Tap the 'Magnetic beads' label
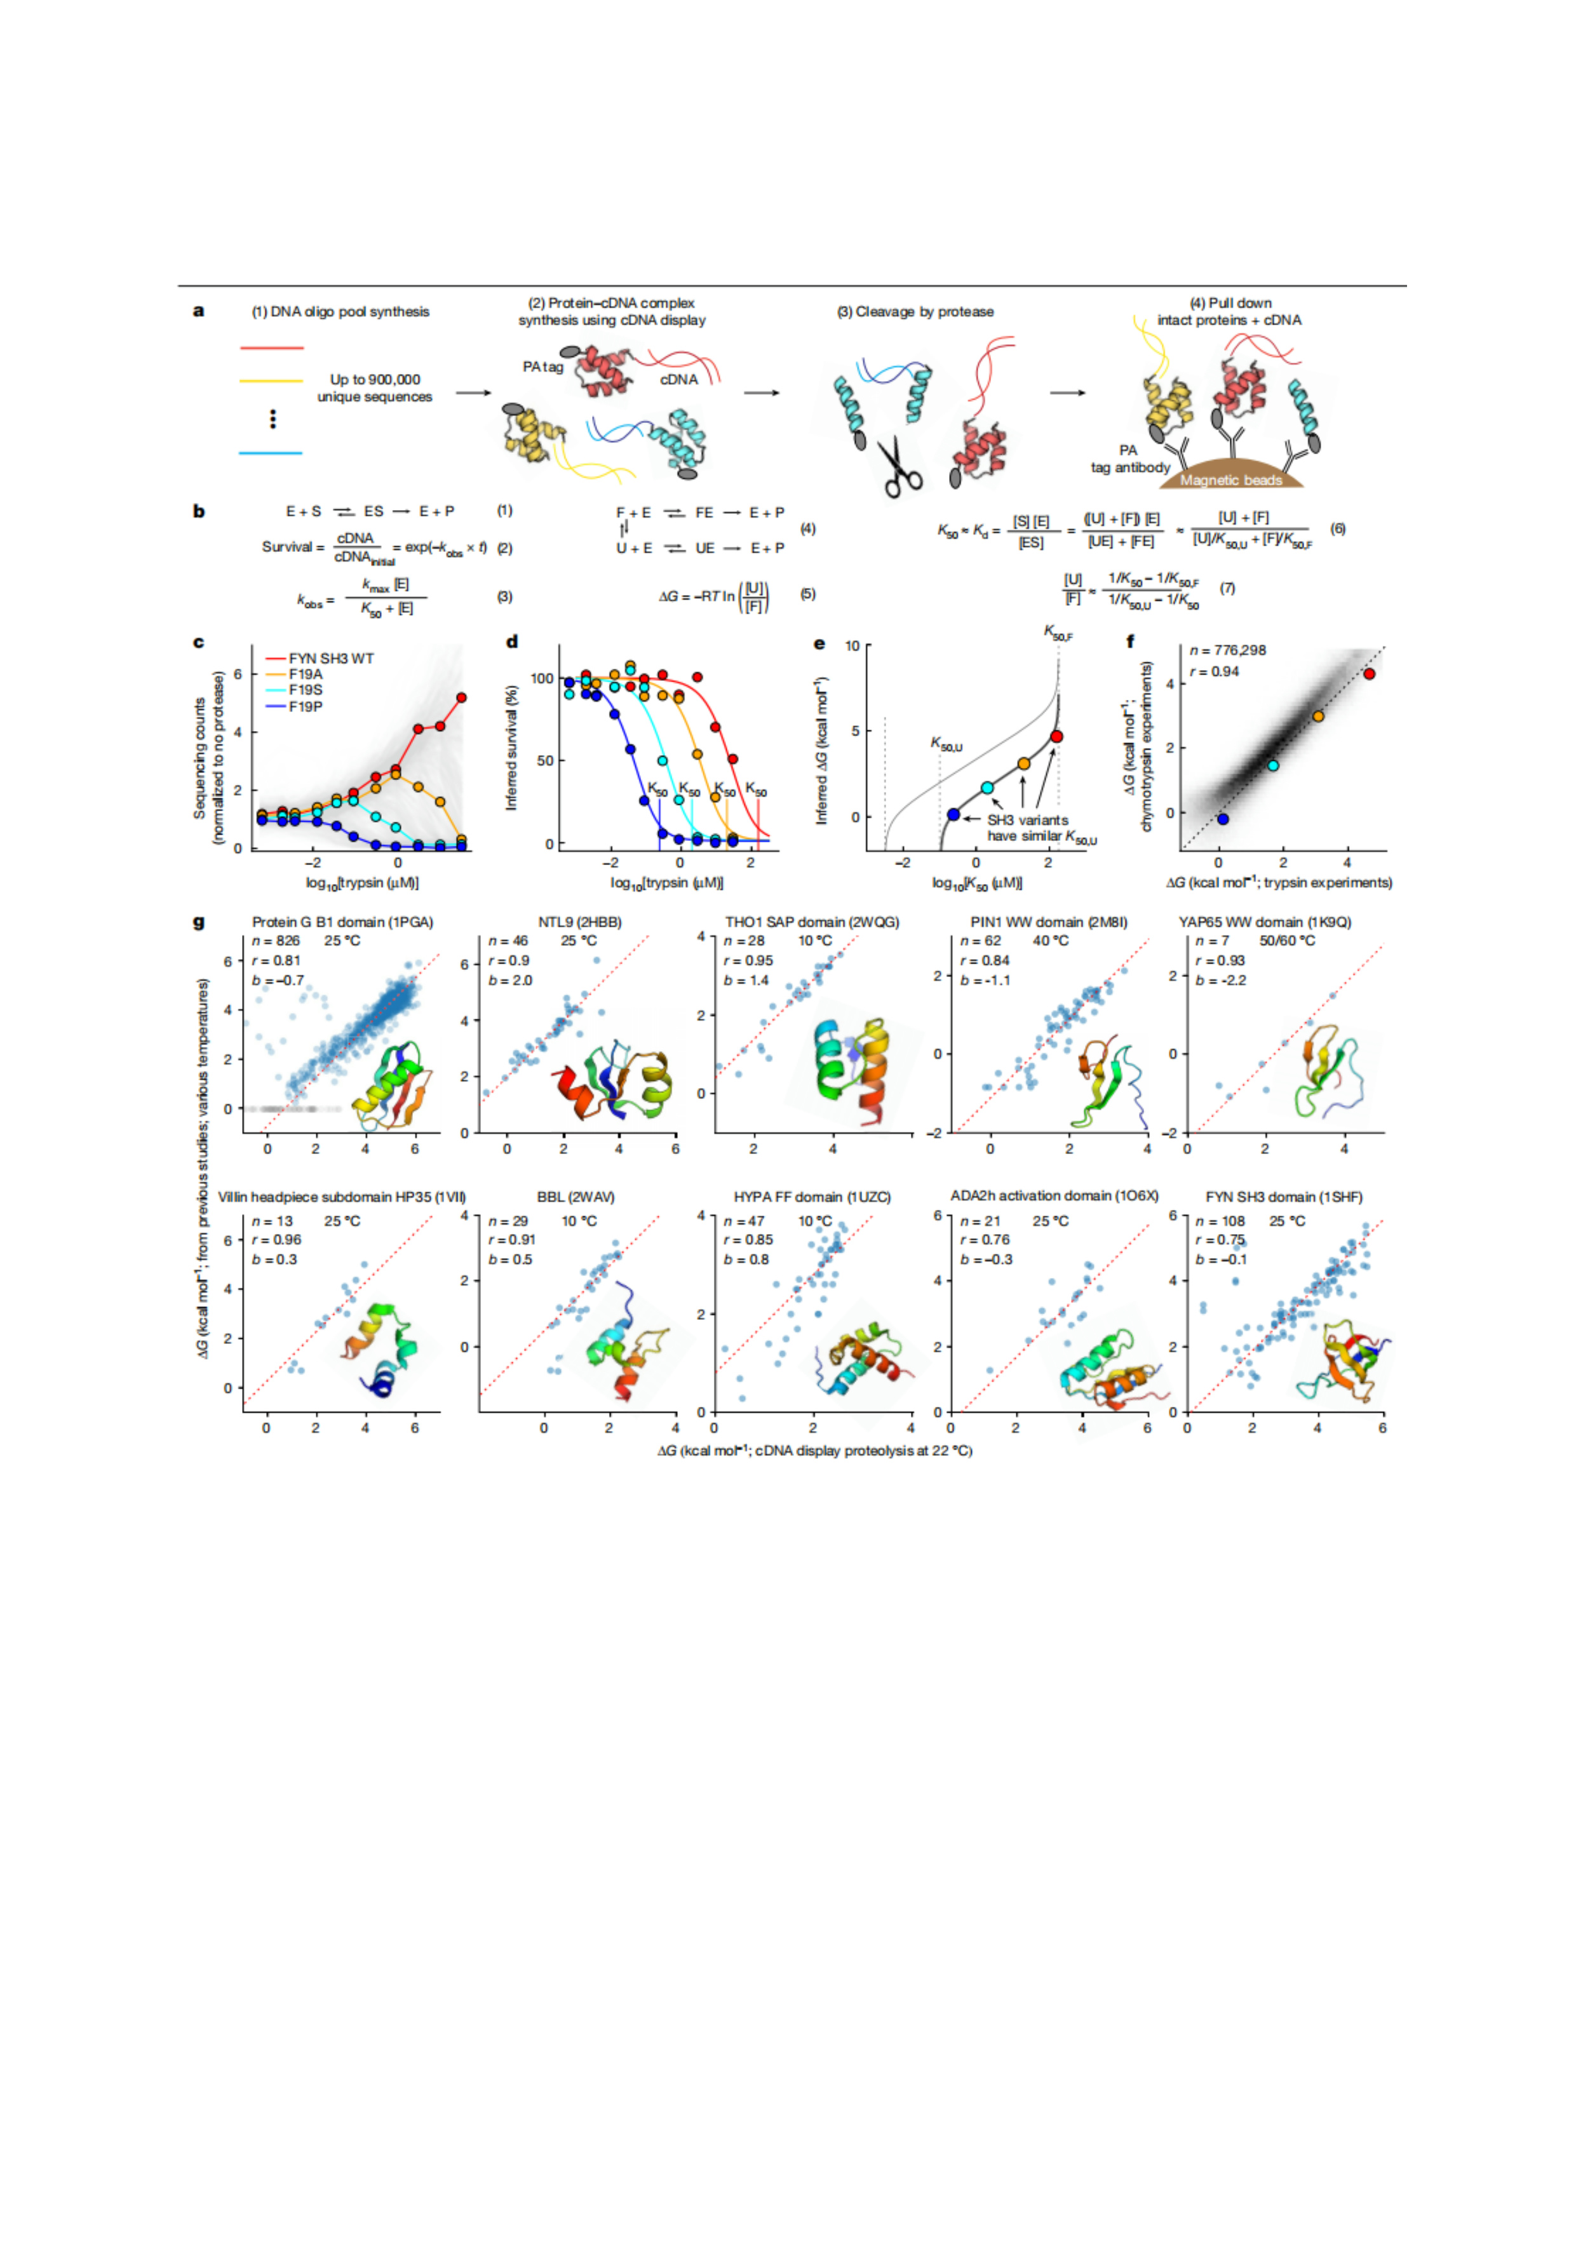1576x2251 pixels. pos(1231,480)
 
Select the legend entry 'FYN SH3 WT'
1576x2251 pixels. pos(330,659)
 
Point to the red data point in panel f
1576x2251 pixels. pos(1369,673)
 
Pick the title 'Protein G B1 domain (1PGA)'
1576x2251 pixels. pos(342,922)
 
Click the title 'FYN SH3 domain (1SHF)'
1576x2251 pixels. pos(1284,1197)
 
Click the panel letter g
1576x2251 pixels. pos(199,922)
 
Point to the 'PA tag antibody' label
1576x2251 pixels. pos(1130,459)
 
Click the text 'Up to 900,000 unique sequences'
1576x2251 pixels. pos(375,388)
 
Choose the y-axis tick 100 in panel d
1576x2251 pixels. pos(541,678)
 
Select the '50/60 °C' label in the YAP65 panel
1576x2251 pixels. pos(1287,941)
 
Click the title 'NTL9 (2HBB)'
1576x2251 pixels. pos(579,922)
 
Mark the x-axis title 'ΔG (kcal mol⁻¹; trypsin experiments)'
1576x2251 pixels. pos(1279,884)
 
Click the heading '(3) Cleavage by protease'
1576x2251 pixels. pos(915,312)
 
